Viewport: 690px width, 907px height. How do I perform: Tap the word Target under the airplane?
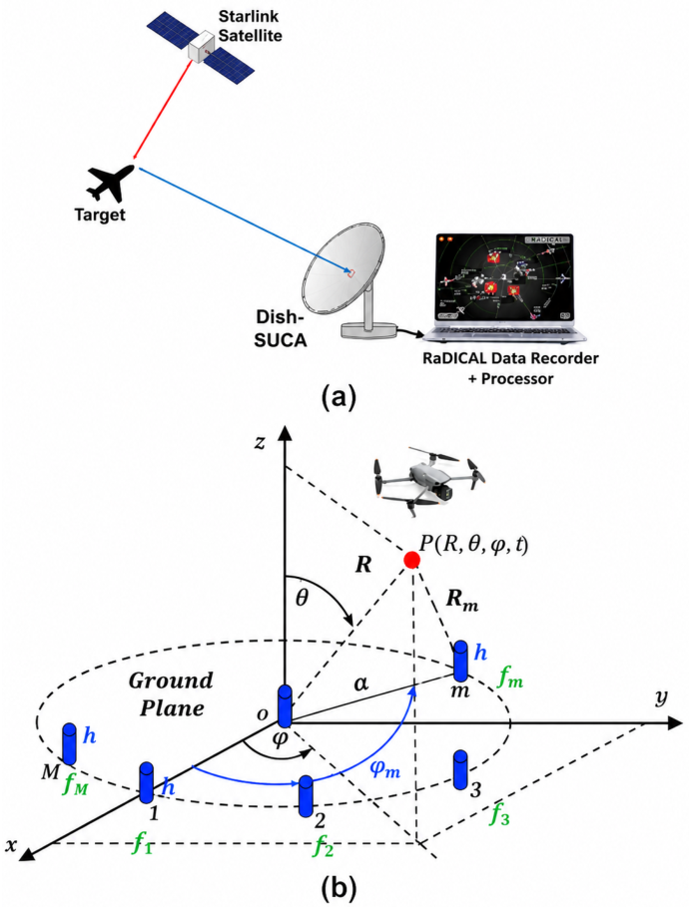click(100, 216)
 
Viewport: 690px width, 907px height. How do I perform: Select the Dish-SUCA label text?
click(281, 327)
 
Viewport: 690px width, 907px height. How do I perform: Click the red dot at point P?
click(411, 560)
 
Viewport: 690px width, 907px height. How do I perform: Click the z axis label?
click(261, 442)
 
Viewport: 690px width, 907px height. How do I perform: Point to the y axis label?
click(660, 698)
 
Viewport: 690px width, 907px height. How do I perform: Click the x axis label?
click(11, 845)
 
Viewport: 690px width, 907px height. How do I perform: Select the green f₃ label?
click(499, 815)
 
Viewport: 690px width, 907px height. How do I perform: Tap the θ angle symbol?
click(302, 597)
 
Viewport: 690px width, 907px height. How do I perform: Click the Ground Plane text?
click(172, 694)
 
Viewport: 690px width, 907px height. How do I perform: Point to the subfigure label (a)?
click(340, 398)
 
